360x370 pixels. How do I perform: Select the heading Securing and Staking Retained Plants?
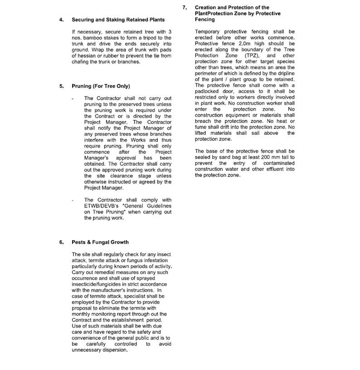click(x=118, y=20)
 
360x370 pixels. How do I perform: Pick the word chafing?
click(x=82, y=62)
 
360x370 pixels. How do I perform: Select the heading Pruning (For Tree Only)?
click(x=101, y=86)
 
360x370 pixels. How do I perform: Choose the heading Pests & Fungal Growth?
click(x=100, y=242)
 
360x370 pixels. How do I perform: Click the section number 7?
click(x=184, y=8)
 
